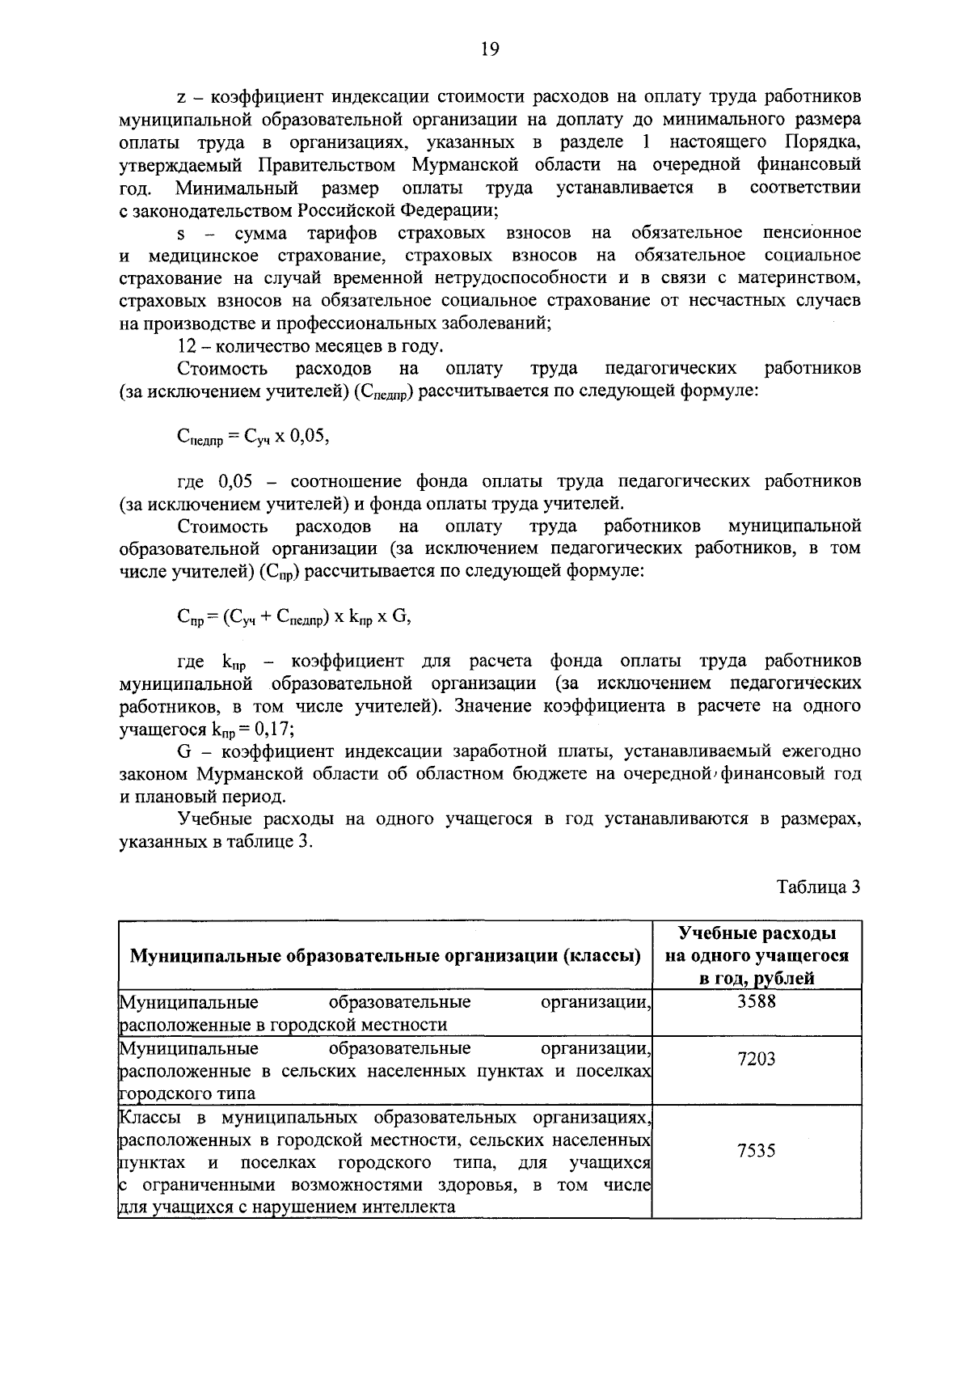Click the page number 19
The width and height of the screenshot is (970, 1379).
(489, 50)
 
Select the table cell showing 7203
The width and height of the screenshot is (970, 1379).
(757, 1059)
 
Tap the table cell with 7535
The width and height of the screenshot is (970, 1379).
(757, 1150)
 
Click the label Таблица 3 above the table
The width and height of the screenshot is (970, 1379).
(819, 886)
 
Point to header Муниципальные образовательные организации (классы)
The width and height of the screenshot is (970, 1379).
(386, 956)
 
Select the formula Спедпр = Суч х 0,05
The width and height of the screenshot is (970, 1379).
(253, 438)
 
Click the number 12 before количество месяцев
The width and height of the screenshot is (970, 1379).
(187, 346)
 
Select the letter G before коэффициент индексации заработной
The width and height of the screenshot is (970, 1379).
(183, 751)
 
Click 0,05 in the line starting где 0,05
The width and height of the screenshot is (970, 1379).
(235, 481)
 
